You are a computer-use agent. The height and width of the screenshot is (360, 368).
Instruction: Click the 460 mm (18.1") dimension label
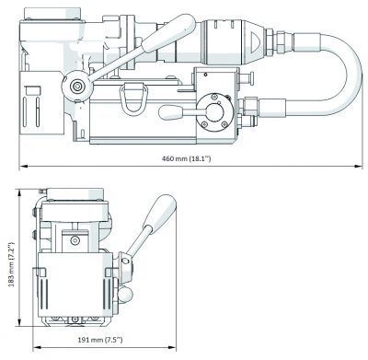187,158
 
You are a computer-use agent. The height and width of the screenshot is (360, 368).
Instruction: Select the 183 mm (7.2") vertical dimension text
11,264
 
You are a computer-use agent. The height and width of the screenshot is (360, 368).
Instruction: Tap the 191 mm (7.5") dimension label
100,340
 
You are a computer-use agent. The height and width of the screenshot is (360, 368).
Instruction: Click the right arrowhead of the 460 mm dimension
359,167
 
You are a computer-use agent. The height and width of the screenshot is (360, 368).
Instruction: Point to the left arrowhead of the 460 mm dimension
23,167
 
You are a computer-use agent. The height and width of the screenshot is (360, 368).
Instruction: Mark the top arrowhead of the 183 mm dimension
19,193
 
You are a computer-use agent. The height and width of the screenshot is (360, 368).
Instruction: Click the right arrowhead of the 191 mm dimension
172,348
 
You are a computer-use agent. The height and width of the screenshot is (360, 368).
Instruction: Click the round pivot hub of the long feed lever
77,87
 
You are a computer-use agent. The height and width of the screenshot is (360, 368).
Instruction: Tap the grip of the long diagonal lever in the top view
169,33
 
